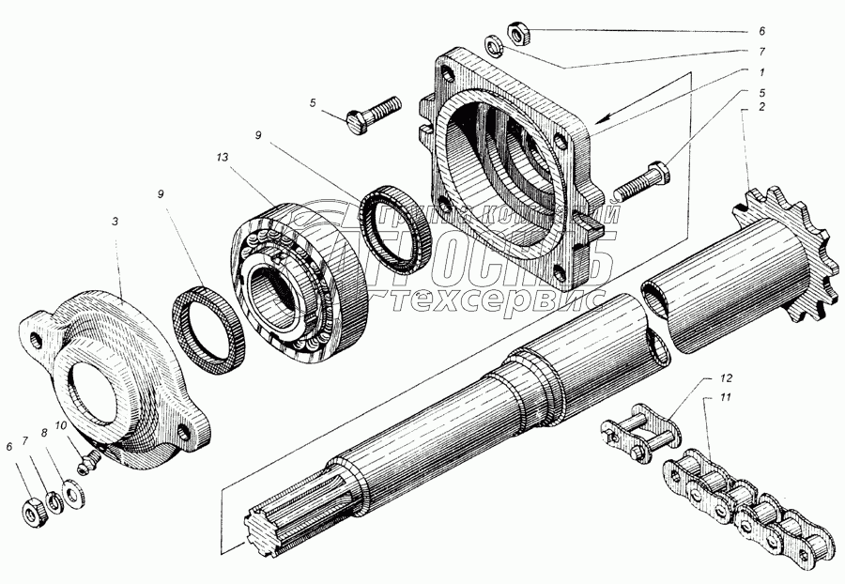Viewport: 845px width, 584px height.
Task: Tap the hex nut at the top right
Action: click(516, 34)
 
